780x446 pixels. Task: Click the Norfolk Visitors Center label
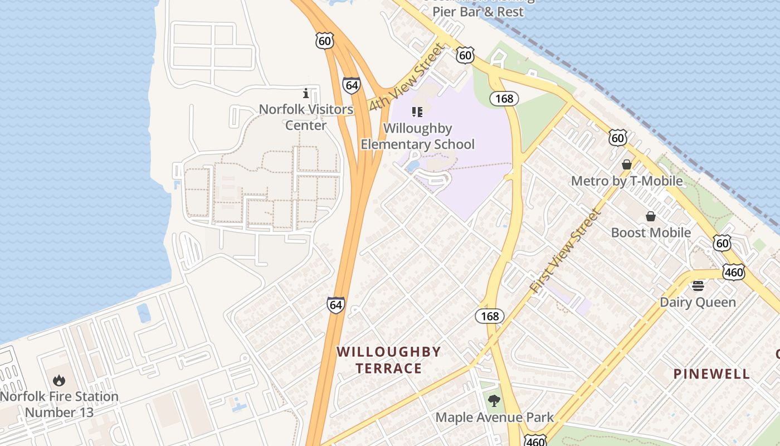[x=306, y=117]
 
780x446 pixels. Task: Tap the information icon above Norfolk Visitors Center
[x=305, y=94]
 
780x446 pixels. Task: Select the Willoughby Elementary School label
[x=417, y=137]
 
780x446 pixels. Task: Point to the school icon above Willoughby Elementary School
[x=417, y=112]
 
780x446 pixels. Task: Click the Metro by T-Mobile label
[x=627, y=181]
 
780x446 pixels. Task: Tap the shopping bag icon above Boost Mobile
[x=650, y=216]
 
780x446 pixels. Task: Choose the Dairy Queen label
[x=698, y=302]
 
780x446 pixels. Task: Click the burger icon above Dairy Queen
[x=698, y=286]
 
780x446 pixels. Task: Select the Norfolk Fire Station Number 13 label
[x=59, y=404]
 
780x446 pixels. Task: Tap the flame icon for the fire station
[x=58, y=381]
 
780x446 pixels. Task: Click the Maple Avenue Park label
[x=494, y=417]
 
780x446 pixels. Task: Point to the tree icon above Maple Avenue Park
[x=494, y=400]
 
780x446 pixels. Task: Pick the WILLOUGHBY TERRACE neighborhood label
[x=389, y=360]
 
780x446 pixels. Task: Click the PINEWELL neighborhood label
[x=711, y=374]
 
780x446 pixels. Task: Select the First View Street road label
[x=566, y=250]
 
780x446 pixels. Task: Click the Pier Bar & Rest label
[x=478, y=11]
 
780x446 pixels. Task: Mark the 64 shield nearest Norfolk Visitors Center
[x=351, y=85]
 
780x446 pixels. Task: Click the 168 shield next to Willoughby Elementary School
[x=504, y=99]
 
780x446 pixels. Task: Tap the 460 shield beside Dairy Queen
[x=733, y=272]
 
